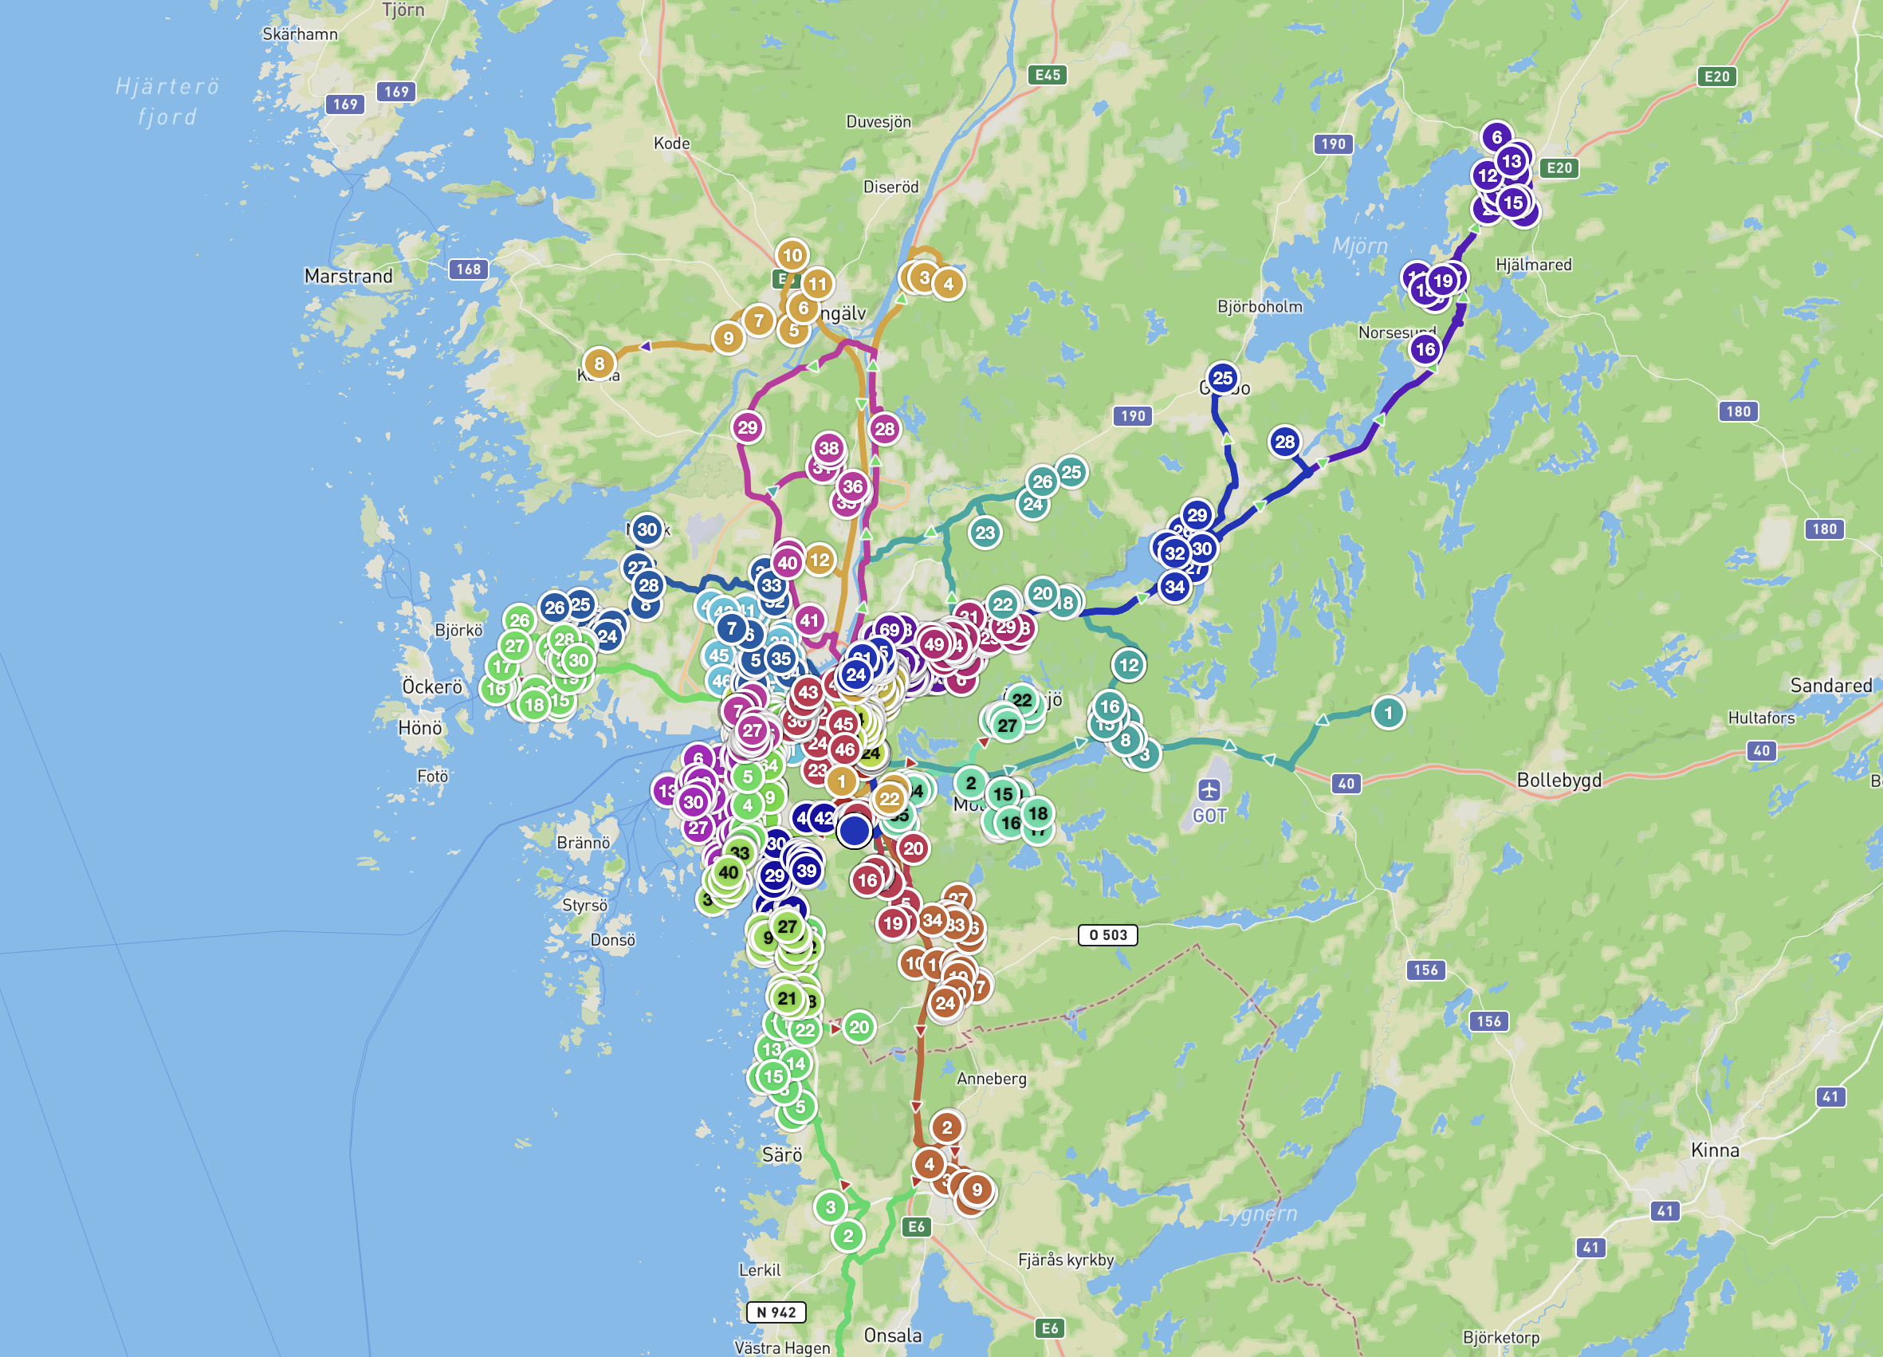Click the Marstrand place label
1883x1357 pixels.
(348, 276)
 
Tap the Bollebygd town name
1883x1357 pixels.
(1559, 780)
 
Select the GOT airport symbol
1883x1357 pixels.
(1209, 789)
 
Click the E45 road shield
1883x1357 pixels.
(1047, 75)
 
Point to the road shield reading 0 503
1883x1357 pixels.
(1107, 935)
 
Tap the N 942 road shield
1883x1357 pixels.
(776, 1312)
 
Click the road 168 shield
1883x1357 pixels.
(468, 269)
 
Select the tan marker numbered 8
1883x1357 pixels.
(599, 363)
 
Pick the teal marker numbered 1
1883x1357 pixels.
(1387, 713)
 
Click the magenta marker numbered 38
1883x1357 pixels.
(828, 448)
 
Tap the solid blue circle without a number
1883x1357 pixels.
(854, 831)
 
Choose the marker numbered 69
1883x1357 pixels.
(889, 630)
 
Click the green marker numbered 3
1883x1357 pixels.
(830, 1206)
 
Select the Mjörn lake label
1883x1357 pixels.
(1359, 246)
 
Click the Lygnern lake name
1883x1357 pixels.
(1259, 1213)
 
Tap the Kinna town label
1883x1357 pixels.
(1715, 1150)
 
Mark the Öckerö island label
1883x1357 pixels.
(432, 686)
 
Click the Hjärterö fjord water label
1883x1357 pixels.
(167, 101)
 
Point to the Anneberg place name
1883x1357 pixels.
(991, 1079)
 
